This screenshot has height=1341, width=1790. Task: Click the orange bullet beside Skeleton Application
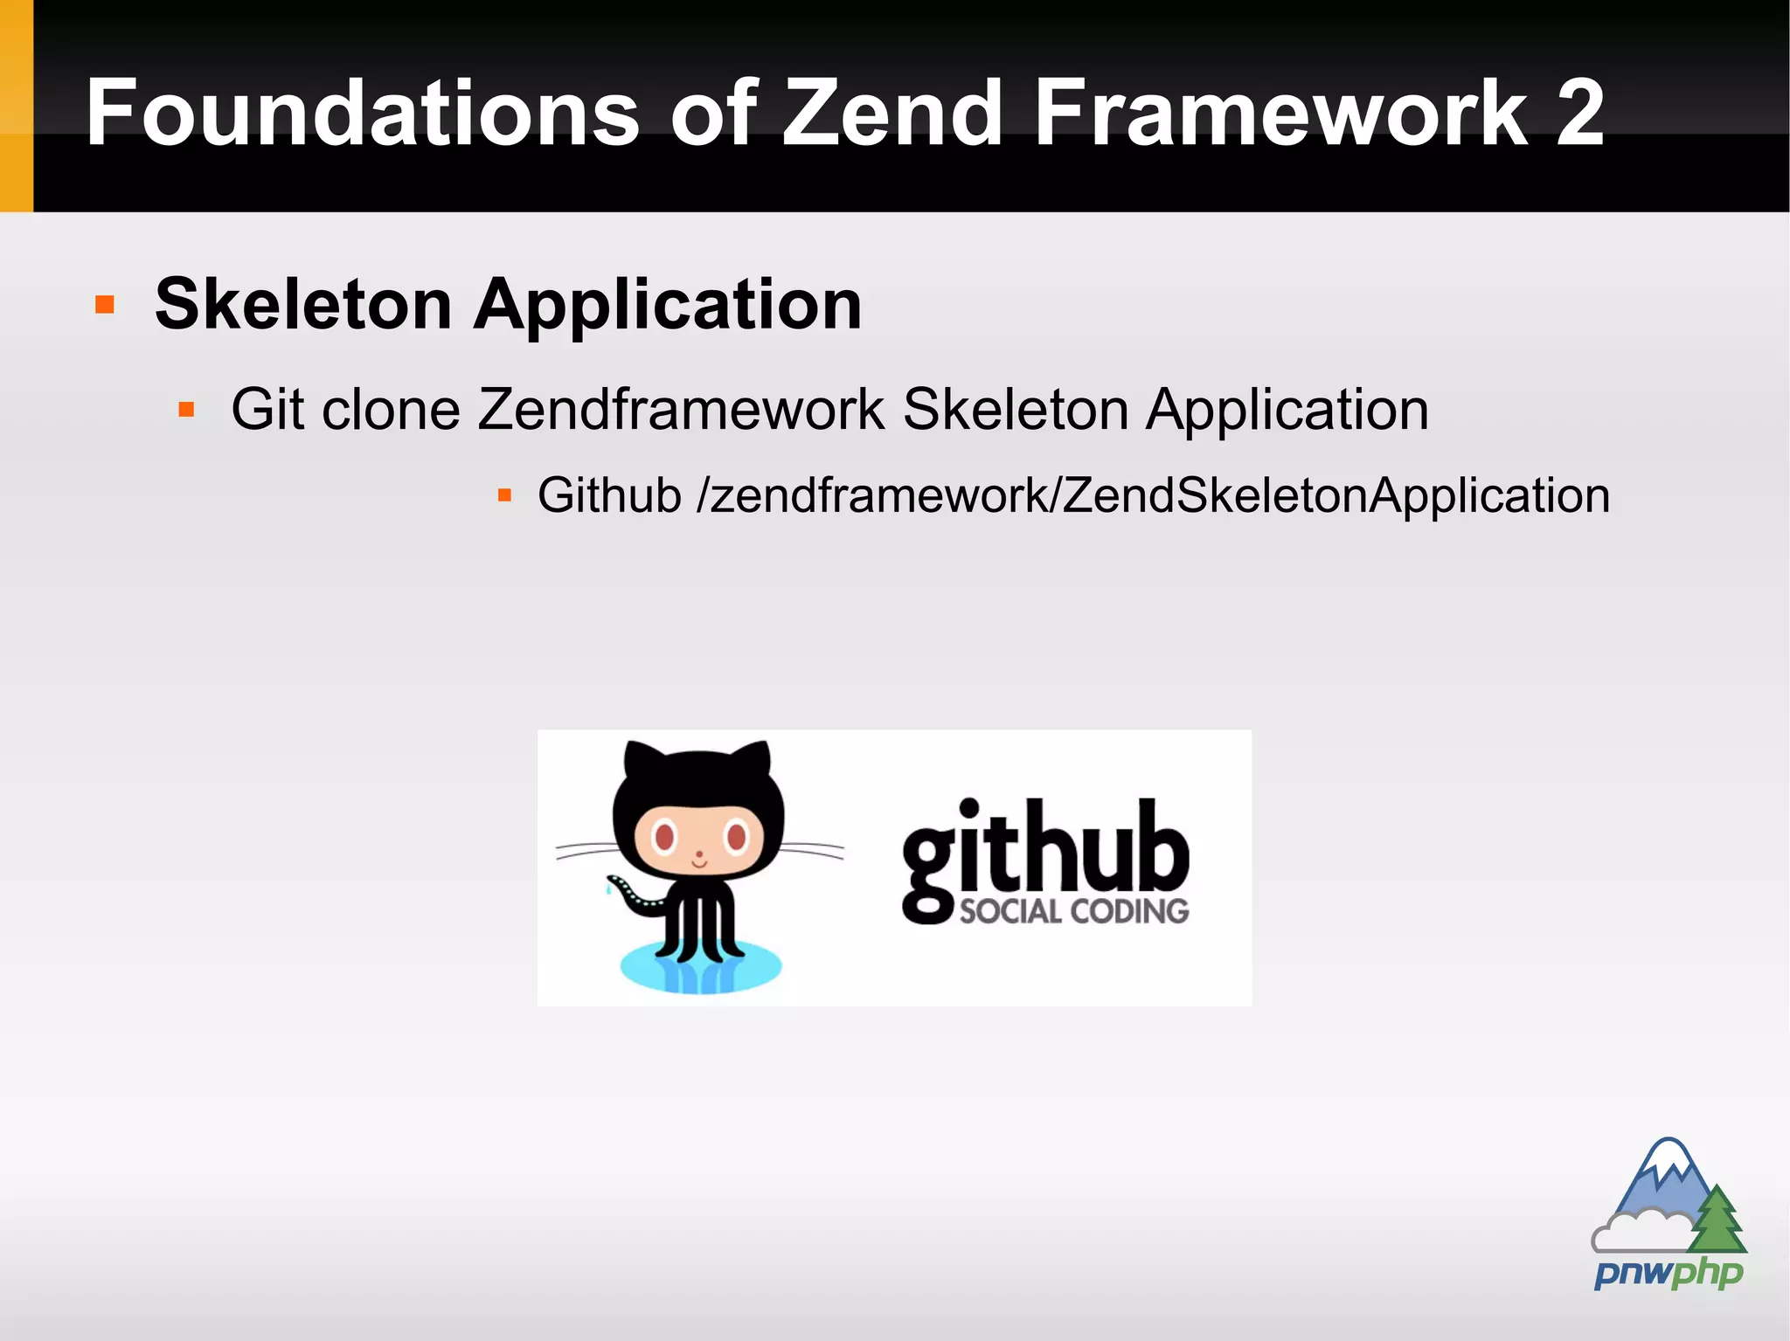105,304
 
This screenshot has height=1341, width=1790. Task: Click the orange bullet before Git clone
185,409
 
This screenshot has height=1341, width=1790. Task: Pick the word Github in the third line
609,495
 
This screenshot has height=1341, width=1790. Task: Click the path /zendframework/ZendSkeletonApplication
1153,495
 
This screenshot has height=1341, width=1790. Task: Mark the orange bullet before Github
504,495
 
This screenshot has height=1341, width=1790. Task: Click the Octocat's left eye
664,837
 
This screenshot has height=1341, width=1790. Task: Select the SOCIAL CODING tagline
1074,911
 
